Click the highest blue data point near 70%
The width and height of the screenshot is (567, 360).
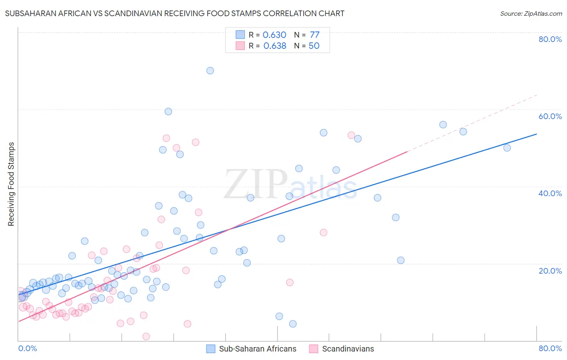210,71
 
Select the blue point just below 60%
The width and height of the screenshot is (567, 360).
169,111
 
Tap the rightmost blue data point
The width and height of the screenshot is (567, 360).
507,148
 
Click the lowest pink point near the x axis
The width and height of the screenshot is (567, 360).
146,337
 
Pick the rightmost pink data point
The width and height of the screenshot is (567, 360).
351,135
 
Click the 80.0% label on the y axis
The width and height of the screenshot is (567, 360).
550,39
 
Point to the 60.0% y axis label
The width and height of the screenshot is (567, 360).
550,116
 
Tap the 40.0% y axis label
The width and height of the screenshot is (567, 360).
550,193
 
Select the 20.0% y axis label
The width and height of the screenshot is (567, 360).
550,271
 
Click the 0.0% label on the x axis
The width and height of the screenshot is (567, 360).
28,348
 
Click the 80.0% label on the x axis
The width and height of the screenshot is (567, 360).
550,348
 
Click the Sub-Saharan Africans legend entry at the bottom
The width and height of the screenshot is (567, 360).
257,349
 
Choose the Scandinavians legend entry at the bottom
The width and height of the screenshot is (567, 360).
348,349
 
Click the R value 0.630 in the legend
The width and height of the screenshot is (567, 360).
274,35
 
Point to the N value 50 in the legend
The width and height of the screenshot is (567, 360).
314,46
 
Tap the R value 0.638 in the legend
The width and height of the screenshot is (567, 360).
275,46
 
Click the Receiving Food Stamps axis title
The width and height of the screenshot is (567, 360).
11,184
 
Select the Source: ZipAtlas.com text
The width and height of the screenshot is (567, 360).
531,14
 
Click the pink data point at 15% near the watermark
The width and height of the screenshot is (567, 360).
290,283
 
